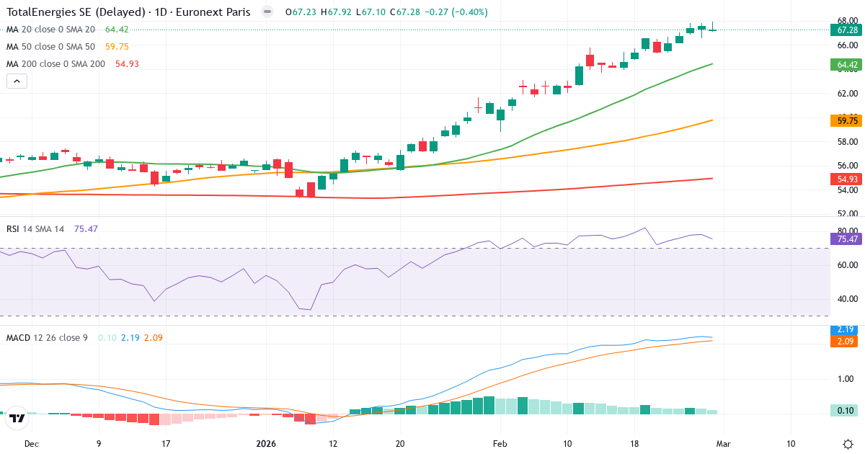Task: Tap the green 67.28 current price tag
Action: point(846,30)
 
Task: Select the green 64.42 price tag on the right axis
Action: point(846,65)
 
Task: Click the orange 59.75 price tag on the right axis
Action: point(846,120)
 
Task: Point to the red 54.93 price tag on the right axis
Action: point(846,179)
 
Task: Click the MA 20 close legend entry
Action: point(50,30)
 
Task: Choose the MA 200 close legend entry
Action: point(56,64)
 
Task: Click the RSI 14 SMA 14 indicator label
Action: point(35,229)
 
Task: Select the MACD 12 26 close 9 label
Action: point(47,337)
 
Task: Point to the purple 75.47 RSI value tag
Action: point(846,239)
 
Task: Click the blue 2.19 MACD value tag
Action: point(846,329)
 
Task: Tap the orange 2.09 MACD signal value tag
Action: point(846,340)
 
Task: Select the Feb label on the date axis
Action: point(500,444)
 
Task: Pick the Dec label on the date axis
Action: point(31,444)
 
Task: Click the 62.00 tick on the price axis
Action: point(846,94)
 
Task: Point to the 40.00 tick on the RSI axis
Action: point(846,299)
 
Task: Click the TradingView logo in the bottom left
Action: point(17,417)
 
